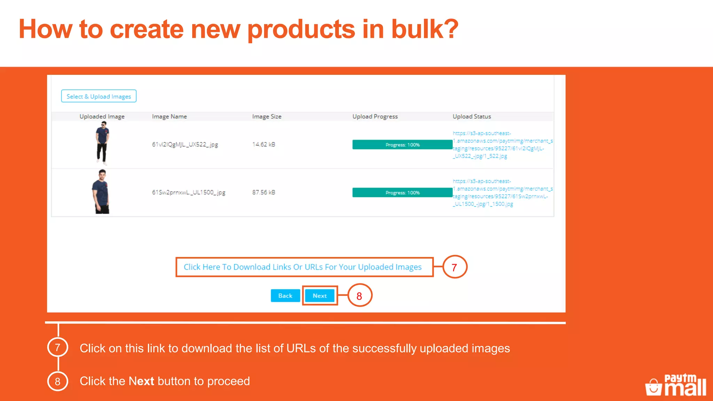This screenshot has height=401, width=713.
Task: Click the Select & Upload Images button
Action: (99, 96)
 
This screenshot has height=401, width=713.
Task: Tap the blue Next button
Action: (320, 296)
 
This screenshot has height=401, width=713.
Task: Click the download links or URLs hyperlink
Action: (303, 267)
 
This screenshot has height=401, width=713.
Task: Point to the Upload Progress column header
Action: (375, 117)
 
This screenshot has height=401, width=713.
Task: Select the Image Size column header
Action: (267, 117)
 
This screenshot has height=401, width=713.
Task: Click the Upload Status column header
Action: (472, 117)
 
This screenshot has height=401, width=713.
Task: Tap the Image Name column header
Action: (169, 117)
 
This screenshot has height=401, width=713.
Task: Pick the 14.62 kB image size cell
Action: (264, 144)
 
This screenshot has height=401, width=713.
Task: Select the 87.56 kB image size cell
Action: (264, 192)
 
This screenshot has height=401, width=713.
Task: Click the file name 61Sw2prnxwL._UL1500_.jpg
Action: (188, 192)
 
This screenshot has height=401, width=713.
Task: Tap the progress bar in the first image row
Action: (402, 144)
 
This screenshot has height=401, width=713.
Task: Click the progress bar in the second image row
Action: (402, 192)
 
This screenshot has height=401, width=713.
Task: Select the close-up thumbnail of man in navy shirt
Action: (101, 192)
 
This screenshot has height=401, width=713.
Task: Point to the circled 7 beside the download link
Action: (454, 267)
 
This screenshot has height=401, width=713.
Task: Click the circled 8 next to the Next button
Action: (359, 296)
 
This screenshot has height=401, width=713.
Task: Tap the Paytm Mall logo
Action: (676, 385)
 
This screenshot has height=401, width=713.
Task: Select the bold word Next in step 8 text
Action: (141, 381)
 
